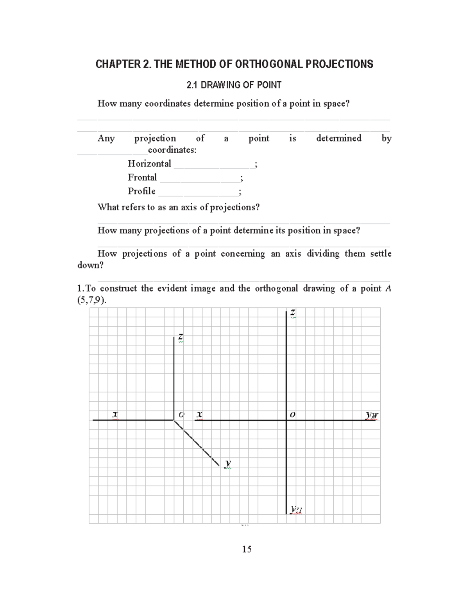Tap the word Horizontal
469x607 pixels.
pos(149,163)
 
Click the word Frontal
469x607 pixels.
pos(142,177)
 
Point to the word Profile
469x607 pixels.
pos(141,191)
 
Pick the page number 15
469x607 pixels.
pos(247,549)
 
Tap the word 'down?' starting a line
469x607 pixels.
pos(91,265)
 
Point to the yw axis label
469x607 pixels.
pos(372,415)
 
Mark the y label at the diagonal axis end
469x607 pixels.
pos(228,464)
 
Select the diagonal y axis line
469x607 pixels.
pos(197,443)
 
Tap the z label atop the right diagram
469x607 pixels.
pos(292,313)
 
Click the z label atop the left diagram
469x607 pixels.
pos(181,337)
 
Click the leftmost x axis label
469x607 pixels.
pos(115,414)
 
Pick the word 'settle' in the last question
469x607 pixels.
pos(381,253)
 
